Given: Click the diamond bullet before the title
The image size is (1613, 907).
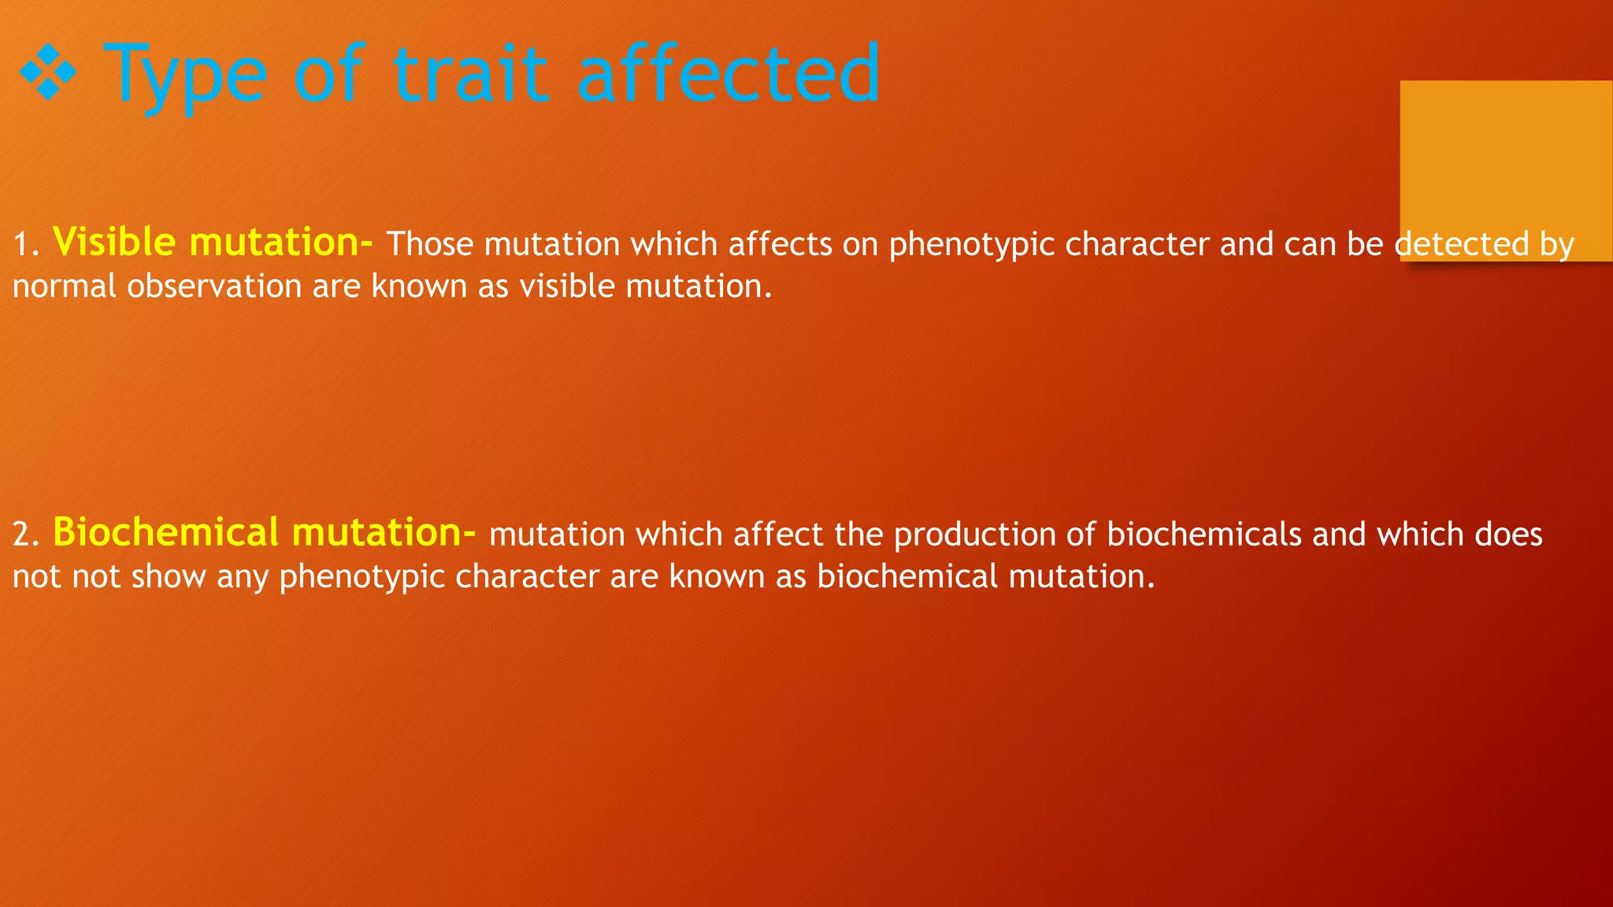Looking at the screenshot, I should pyautogui.click(x=47, y=72).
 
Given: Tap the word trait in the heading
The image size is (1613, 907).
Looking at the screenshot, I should pyautogui.click(x=470, y=74).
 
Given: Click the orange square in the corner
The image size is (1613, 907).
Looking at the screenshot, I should pyautogui.click(x=1506, y=157).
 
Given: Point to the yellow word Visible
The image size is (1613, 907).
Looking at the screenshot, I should pyautogui.click(x=113, y=242).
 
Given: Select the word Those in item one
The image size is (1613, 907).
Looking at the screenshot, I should pyautogui.click(x=429, y=244).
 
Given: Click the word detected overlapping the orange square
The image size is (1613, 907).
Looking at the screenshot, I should pyautogui.click(x=1461, y=244).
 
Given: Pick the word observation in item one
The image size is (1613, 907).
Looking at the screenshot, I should pyautogui.click(x=214, y=286).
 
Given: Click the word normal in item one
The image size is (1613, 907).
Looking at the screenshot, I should pyautogui.click(x=65, y=287).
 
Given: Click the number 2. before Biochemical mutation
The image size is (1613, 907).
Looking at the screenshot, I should pyautogui.click(x=26, y=535).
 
